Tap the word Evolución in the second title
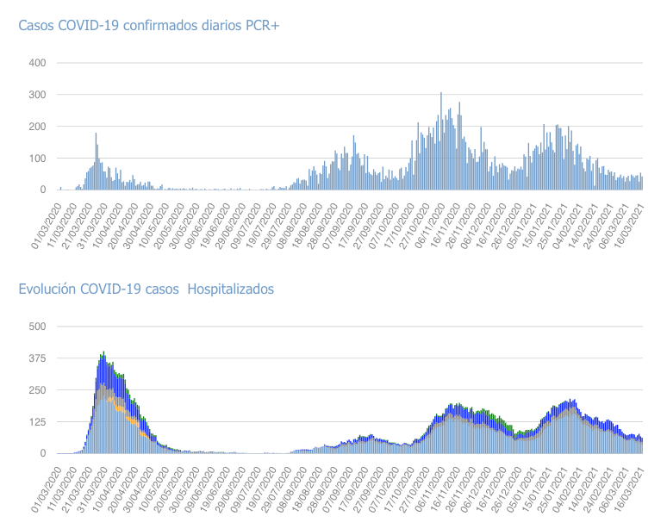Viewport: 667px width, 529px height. click(x=48, y=289)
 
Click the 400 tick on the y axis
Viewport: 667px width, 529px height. click(x=37, y=63)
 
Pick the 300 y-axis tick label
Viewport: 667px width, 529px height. click(x=37, y=95)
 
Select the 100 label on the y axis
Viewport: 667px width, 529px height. click(x=37, y=159)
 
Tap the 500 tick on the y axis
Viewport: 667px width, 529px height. click(x=37, y=327)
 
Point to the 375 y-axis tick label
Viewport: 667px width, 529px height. click(x=37, y=358)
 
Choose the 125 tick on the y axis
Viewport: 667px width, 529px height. click(x=37, y=422)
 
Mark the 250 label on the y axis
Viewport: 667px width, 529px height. click(x=37, y=390)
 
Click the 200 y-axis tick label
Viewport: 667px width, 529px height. click(x=37, y=127)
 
